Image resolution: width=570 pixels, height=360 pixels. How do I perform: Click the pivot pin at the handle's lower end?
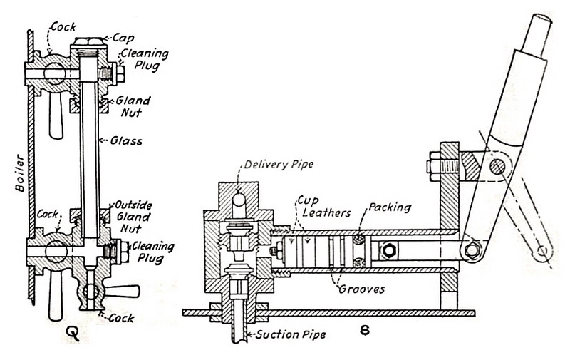point(468,249)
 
